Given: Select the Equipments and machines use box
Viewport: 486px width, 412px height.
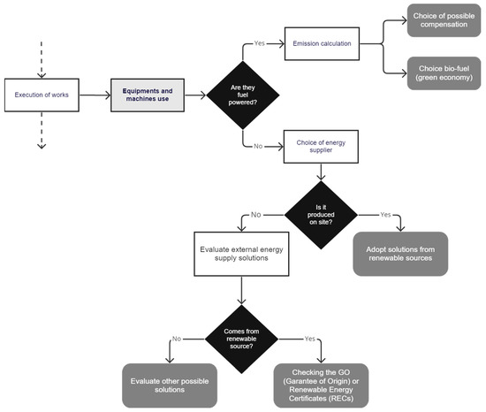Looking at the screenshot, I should (x=148, y=91).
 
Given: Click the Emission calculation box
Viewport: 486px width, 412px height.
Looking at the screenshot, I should (x=323, y=42).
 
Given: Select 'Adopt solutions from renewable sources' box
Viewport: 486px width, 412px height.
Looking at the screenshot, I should (x=400, y=254).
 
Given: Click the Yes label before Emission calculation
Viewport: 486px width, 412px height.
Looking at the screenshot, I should (x=260, y=42).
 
